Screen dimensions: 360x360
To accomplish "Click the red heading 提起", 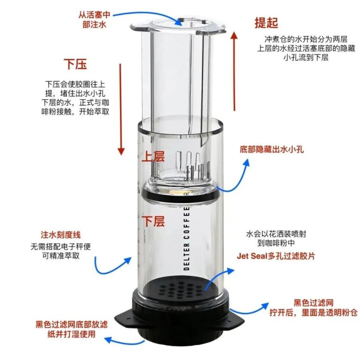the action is pyautogui.click(x=266, y=22).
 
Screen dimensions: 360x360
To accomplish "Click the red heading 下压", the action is pyautogui.click(x=75, y=64).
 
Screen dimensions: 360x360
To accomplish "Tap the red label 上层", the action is pyautogui.click(x=153, y=157).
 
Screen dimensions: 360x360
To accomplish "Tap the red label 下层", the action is pyautogui.click(x=153, y=221).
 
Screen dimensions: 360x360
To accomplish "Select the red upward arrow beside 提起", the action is pyautogui.click(x=234, y=71).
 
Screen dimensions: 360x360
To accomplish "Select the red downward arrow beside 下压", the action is pyautogui.click(x=121, y=110).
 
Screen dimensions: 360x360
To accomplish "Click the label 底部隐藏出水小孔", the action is pyautogui.click(x=271, y=150).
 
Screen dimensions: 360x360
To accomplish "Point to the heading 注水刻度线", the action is pyautogui.click(x=61, y=235).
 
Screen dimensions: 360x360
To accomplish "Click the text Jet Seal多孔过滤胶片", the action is pyautogui.click(x=276, y=256).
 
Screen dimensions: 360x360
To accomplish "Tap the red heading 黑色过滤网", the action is pyautogui.click(x=314, y=303).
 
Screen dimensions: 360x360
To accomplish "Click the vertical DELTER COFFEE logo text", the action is pyautogui.click(x=187, y=238).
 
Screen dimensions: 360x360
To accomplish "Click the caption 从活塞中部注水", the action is pyautogui.click(x=94, y=20).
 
